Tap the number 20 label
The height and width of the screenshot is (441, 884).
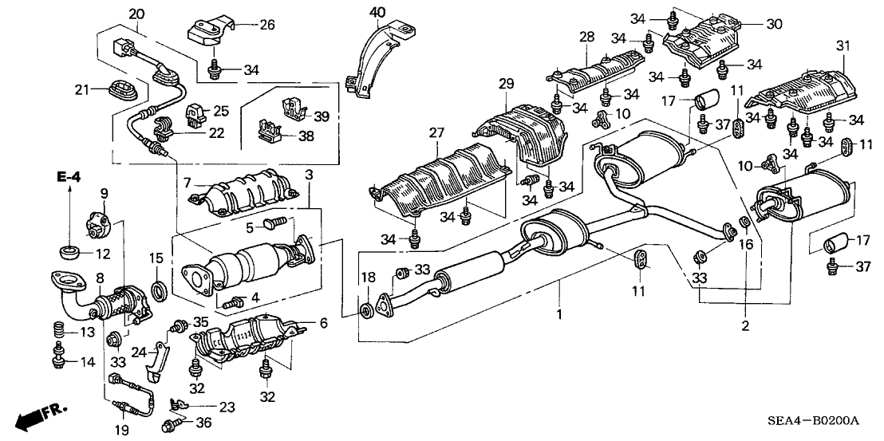pyautogui.click(x=136, y=14)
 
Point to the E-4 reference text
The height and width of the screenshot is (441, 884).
pyautogui.click(x=69, y=175)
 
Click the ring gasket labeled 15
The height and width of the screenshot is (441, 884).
pyautogui.click(x=160, y=289)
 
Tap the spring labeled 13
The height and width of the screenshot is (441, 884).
pyautogui.click(x=58, y=329)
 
